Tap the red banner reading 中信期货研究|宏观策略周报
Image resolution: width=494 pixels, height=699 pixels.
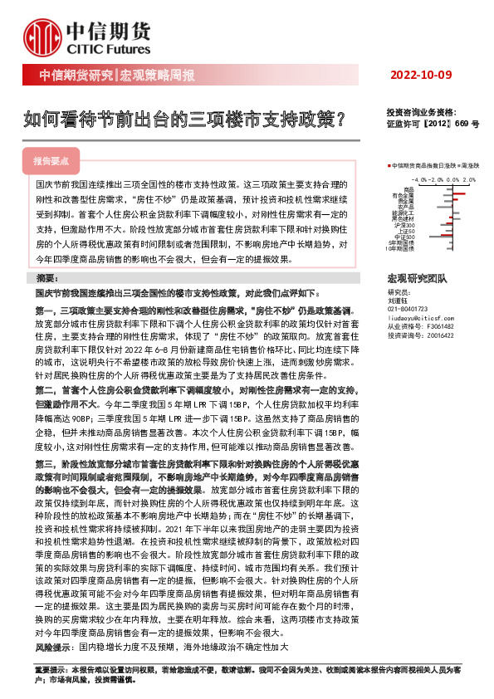click(116, 76)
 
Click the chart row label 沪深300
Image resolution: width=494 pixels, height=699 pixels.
click(405, 225)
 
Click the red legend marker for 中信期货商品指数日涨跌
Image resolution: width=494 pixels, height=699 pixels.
click(389, 166)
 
